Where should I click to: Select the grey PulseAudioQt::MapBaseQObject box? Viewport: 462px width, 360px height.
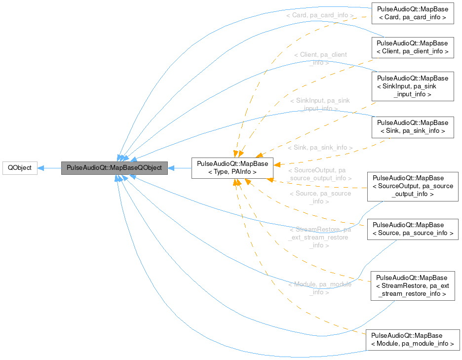click(x=114, y=168)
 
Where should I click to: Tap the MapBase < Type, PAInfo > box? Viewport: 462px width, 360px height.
click(x=232, y=168)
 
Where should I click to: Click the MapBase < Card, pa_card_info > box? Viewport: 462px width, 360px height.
click(x=412, y=13)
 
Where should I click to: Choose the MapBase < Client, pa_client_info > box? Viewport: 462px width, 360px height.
click(x=412, y=47)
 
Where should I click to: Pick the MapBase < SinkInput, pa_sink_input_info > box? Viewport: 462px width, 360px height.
click(x=412, y=86)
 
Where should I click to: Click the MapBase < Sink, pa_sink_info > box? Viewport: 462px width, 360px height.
click(x=412, y=127)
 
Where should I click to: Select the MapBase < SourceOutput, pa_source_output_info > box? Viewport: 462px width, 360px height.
click(x=413, y=186)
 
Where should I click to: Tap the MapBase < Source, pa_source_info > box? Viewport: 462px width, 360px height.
click(x=413, y=229)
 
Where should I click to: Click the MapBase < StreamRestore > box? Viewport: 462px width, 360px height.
click(x=412, y=286)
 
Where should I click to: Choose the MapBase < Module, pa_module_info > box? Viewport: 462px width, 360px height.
click(x=412, y=340)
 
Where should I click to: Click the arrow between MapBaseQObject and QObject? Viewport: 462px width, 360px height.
click(x=49, y=168)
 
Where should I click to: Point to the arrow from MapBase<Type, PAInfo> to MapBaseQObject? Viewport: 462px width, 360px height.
click(x=180, y=168)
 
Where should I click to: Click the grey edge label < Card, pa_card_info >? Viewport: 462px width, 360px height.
click(x=319, y=15)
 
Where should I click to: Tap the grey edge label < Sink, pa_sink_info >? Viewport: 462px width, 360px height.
click(x=320, y=148)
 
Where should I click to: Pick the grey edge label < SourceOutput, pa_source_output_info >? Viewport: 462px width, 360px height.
click(x=319, y=174)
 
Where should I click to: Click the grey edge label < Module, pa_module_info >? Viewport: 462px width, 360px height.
click(x=319, y=288)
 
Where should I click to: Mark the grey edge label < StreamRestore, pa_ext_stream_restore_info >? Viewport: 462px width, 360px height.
click(x=319, y=238)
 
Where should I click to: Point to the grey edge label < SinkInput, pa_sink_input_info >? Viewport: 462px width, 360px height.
click(x=319, y=104)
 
